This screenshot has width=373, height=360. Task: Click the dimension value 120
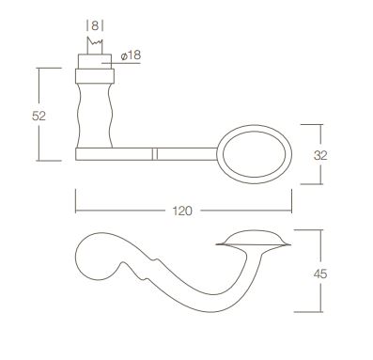click(184, 211)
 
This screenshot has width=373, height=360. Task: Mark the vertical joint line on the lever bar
click(154, 151)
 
